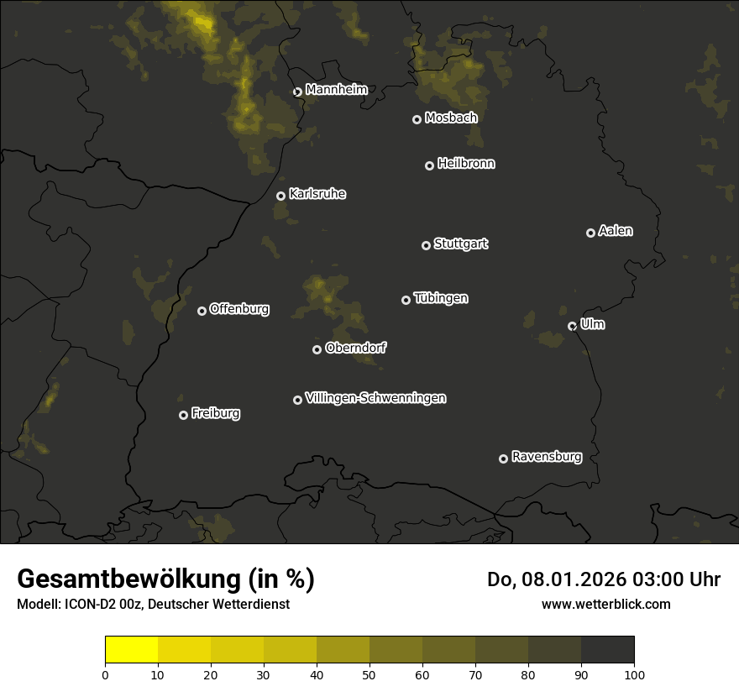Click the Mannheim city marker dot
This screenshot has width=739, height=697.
(297, 92)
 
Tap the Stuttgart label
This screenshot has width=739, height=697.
(460, 244)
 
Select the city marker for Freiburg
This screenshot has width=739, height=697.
(183, 415)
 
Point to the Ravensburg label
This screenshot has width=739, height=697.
(546, 458)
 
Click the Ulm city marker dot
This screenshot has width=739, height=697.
(572, 326)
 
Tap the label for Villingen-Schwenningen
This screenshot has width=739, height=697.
(375, 398)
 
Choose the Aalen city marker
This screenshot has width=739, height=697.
(590, 233)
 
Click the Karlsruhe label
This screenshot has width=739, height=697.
(317, 194)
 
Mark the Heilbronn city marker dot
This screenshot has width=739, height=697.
(429, 165)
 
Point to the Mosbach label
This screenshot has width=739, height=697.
(450, 118)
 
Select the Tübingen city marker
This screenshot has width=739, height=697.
(406, 300)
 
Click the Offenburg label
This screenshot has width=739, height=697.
(238, 309)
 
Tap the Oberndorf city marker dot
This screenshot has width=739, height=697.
(317, 349)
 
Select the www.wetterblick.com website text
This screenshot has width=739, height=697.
(605, 604)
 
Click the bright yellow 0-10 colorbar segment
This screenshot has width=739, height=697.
(131, 650)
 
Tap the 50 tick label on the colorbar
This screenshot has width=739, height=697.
(369, 674)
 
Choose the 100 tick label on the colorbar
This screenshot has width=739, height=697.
(634, 674)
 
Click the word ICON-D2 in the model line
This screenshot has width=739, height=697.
(87, 605)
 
